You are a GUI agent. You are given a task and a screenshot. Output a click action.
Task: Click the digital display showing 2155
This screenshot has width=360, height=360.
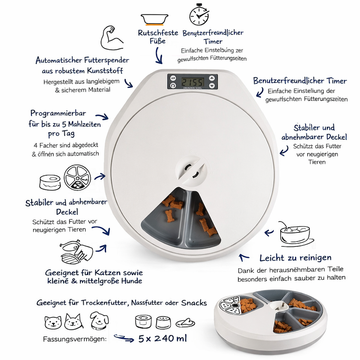tap(193, 82)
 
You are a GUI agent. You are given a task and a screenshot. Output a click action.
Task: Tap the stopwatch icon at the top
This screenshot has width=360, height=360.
tap(199, 14)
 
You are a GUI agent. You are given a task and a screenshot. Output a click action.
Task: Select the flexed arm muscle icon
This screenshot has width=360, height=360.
tap(112, 38)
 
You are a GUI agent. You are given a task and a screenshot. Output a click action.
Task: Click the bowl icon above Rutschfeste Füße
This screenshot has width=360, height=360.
tap(154, 19)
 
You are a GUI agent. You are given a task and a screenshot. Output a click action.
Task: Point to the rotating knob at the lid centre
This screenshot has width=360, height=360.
tap(191, 171)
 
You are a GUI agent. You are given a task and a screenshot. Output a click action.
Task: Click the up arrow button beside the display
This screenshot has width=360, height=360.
tap(212, 78)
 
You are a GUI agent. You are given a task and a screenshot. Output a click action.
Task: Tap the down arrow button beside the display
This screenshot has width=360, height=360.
tap(212, 86)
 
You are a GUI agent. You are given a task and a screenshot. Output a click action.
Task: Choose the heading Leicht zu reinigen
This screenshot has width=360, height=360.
tap(296, 258)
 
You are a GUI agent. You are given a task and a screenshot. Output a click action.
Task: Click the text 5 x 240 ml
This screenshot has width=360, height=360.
tap(163, 338)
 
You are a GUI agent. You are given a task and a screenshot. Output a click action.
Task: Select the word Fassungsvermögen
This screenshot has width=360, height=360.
tap(75, 339)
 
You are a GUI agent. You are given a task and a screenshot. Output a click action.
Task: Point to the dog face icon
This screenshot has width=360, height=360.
tap(99, 320)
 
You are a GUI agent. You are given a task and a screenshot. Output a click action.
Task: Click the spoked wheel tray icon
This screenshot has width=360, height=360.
tap(77, 177)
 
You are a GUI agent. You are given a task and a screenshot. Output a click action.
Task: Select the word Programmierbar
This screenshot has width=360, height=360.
tap(58, 113)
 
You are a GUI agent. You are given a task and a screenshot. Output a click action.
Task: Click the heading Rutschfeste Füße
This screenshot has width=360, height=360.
tap(158, 37)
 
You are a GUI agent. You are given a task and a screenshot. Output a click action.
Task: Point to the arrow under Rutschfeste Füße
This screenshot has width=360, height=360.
tap(159, 55)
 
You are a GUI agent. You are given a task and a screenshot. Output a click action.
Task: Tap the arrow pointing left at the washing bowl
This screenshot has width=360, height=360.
tap(269, 233)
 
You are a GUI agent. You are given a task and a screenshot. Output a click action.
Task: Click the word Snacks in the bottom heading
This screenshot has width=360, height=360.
tap(194, 303)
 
